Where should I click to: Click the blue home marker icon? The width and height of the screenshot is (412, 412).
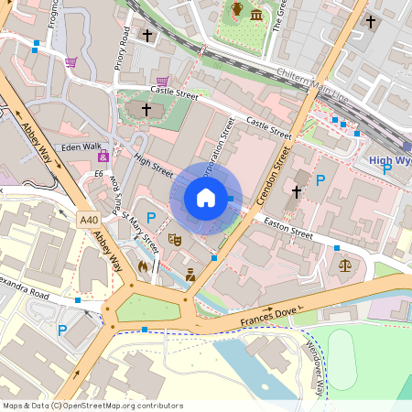pos(206,197)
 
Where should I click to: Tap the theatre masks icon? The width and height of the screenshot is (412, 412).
pos(175,240)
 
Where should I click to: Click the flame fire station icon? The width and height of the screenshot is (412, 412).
pos(143,266)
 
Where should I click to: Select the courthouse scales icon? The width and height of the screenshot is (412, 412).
pos(345,266)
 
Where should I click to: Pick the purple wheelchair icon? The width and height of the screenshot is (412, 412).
pos(103,157)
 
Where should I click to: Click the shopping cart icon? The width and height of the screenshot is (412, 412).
pos(70,62)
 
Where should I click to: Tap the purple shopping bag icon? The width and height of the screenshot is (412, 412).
pos(162,81)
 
